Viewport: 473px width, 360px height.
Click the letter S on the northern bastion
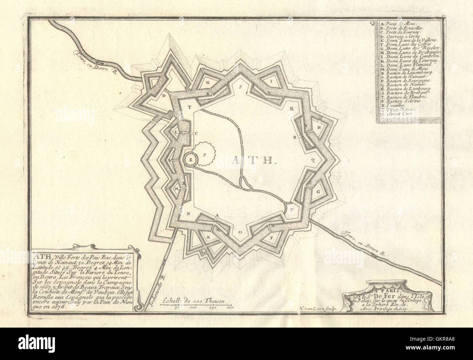[x=241, y=87]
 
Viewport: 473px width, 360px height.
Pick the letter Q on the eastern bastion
[x=312, y=160]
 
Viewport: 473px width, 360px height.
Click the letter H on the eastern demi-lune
[x=319, y=128]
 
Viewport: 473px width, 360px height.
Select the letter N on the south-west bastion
[x=188, y=214]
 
